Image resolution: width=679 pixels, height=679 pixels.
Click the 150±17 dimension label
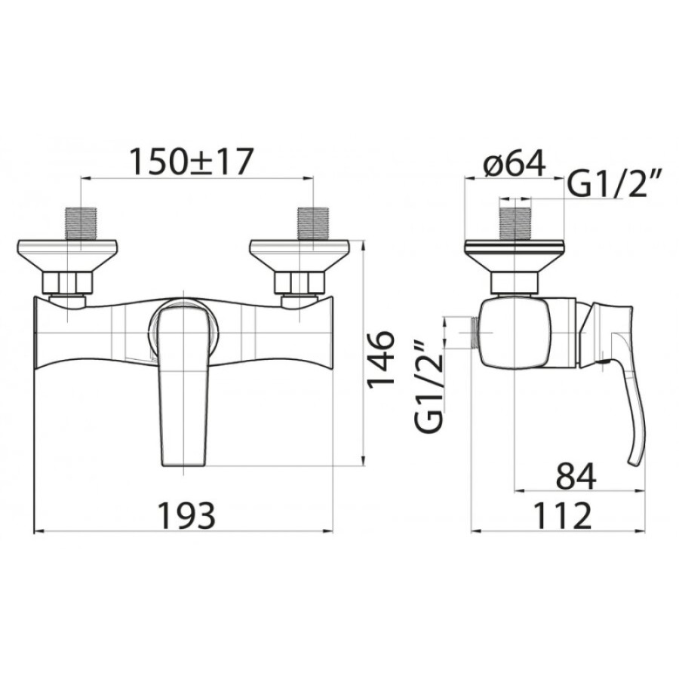click(192, 161)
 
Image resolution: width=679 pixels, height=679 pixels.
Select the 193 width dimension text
click(186, 515)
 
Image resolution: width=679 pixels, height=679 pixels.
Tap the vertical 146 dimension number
click(381, 358)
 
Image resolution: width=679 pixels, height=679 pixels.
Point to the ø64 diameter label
click(514, 163)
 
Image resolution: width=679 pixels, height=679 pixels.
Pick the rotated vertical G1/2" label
click(429, 384)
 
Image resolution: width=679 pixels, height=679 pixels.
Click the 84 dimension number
click(576, 476)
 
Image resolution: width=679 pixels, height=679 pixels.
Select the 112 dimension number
click(563, 515)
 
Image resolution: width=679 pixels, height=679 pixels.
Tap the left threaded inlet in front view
click(81, 223)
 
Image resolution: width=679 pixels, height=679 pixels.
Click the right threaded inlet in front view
click(312, 223)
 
